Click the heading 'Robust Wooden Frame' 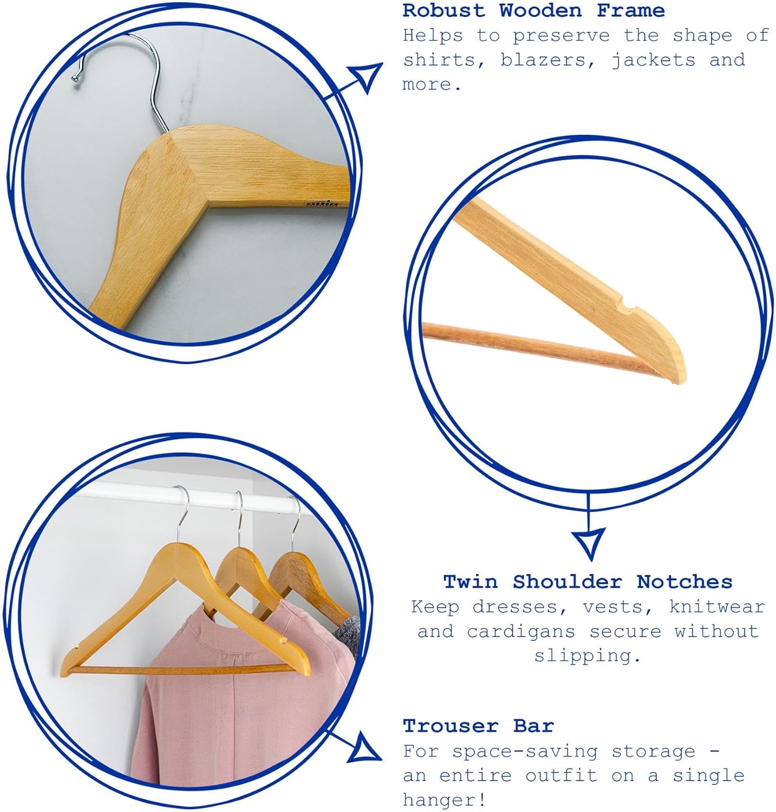533,10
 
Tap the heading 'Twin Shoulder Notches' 588,581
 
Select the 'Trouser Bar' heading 479,725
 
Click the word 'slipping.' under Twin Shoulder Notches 588,656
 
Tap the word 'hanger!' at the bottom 445,800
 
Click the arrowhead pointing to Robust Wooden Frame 366,76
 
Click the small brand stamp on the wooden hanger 322,204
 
